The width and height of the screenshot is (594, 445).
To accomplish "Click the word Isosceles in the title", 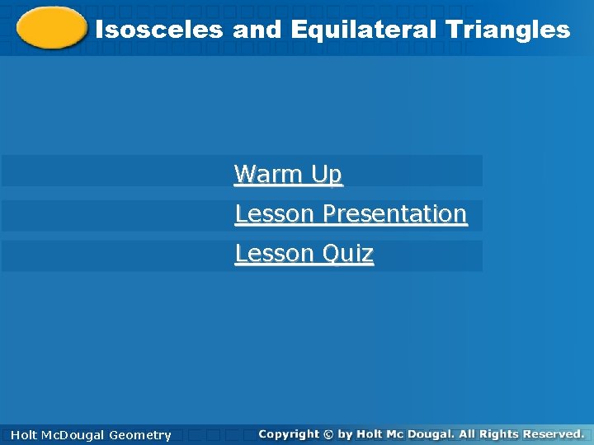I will click(x=158, y=30).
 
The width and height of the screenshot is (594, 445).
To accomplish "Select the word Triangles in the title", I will click(x=507, y=30).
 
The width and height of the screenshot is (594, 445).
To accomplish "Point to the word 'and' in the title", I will click(x=257, y=30).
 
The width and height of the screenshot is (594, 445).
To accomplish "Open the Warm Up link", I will click(x=287, y=174).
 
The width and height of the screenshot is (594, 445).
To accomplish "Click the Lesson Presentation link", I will click(x=351, y=213).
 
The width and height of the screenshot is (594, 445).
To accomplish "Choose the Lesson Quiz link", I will click(x=304, y=253).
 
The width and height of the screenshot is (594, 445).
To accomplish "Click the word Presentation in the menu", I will click(x=394, y=213).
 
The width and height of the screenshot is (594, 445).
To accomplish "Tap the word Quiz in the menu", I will click(x=347, y=253).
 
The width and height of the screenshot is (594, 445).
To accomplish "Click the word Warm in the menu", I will click(x=270, y=174).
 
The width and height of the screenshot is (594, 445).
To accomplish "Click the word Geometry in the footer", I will click(x=140, y=435).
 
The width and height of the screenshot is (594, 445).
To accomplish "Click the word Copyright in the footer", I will click(x=288, y=433).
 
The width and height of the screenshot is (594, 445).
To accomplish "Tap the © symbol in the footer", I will click(x=328, y=433).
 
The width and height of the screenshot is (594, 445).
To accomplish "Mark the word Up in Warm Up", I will click(x=327, y=174).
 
